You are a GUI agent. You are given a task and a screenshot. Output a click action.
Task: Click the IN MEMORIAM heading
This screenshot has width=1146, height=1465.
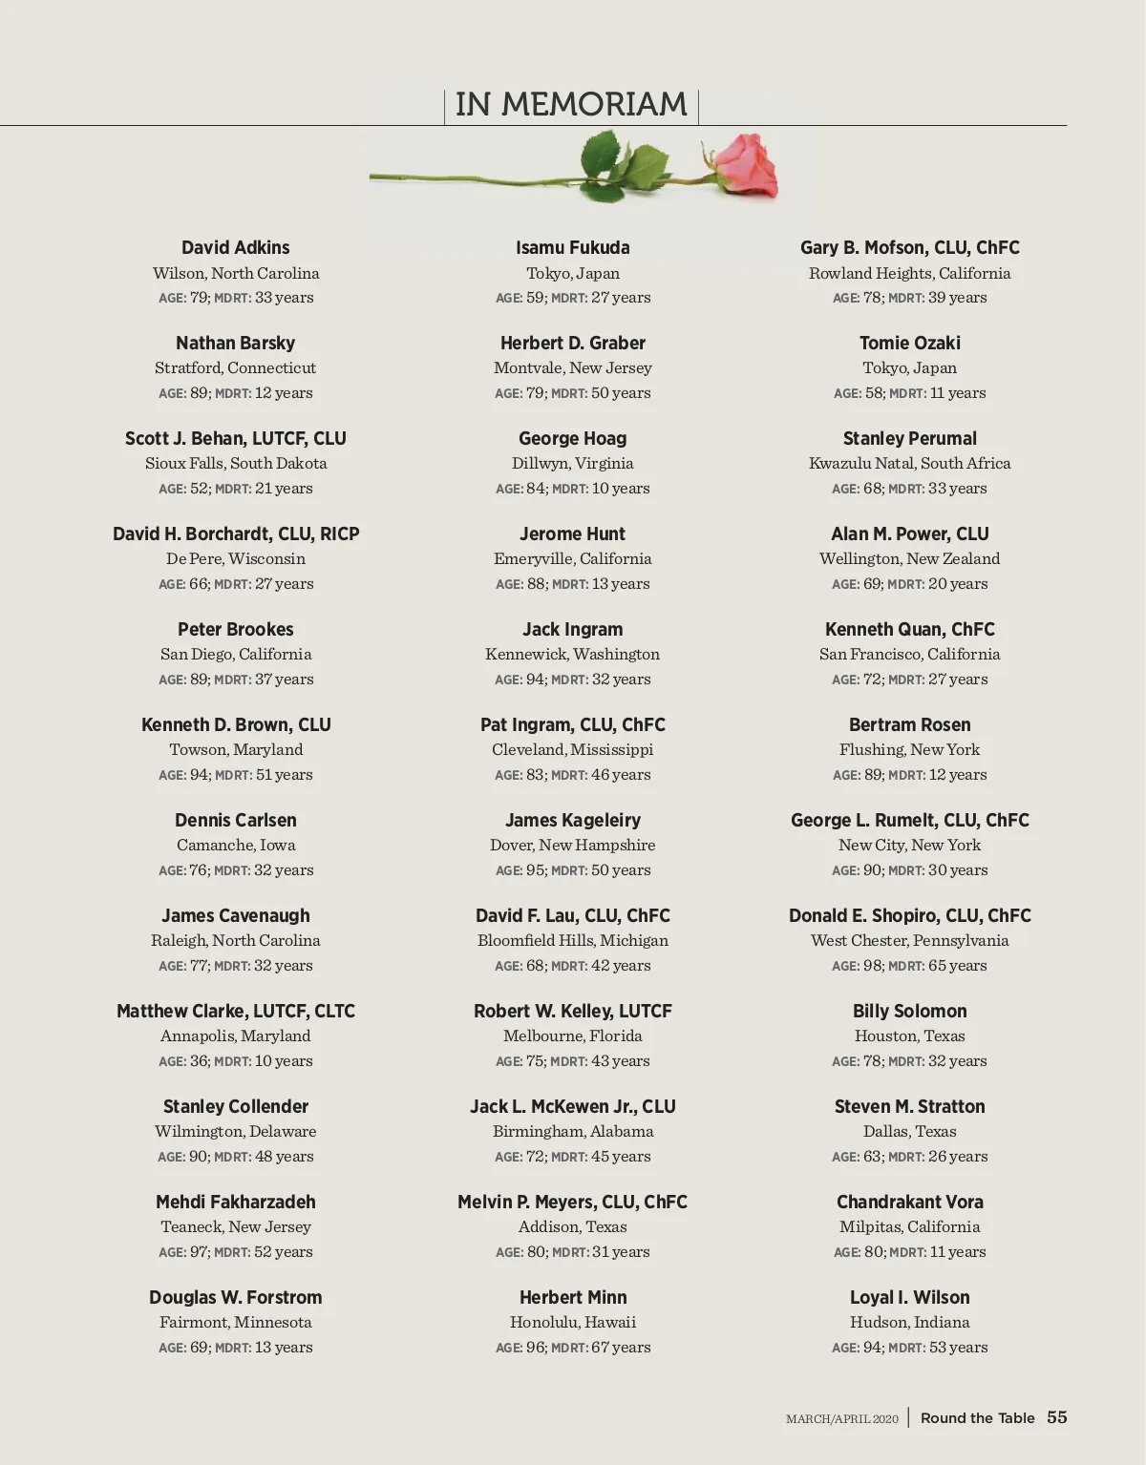pos(571,104)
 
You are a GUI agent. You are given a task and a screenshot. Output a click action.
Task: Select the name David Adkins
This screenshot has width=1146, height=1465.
pos(235,248)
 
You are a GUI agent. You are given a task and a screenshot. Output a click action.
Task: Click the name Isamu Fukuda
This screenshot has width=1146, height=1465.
pos(572,248)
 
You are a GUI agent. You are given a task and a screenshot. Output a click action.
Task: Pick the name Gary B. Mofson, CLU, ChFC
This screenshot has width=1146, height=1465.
pos(909,248)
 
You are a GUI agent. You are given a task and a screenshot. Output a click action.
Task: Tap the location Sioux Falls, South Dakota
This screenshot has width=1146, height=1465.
pos(236,464)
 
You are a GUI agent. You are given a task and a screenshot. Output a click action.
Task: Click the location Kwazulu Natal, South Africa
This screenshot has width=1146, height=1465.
pos(909,464)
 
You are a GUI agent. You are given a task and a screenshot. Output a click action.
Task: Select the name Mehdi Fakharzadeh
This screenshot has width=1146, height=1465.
pos(235,1203)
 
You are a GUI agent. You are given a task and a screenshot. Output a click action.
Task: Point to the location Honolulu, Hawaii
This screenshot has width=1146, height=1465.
pos(572,1323)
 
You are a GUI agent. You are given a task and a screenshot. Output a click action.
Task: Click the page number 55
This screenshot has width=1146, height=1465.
pos(1056,1417)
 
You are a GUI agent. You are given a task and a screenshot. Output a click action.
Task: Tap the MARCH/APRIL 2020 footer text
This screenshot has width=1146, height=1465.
pos(841,1419)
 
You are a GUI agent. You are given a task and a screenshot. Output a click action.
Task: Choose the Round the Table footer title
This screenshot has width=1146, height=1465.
pos(977,1418)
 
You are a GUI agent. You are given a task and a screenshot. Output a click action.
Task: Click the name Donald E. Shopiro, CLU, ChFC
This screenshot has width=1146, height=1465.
pos(909,916)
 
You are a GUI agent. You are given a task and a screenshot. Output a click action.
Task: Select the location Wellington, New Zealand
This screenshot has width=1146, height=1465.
pos(909,559)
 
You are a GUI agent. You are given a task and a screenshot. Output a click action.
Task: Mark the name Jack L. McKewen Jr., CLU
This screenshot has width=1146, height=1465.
pos(572,1107)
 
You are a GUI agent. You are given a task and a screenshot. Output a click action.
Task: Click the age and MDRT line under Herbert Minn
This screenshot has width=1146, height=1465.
pos(572,1348)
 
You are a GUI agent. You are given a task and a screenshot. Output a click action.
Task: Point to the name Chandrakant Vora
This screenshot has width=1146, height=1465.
pos(909,1203)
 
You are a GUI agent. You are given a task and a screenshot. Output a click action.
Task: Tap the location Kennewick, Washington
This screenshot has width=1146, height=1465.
pos(572,655)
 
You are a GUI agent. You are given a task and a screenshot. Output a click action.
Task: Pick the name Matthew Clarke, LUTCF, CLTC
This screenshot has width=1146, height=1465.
pos(235,1012)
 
